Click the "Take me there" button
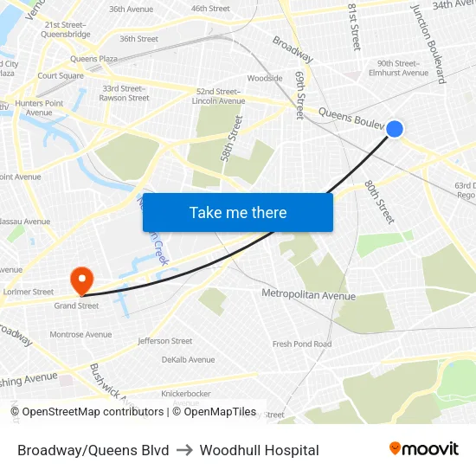point(238,212)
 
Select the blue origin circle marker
point(394,129)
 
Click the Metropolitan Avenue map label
point(308,295)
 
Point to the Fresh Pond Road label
point(302,344)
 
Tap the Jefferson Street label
point(164,341)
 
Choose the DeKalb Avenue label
point(188,359)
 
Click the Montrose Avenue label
point(80,334)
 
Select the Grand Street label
point(76,306)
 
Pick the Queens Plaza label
point(94,59)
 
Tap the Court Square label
point(60,75)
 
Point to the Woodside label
point(265,78)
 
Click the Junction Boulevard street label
point(428,42)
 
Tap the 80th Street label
point(379,201)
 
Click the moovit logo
point(423,449)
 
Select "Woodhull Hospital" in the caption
point(259,450)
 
